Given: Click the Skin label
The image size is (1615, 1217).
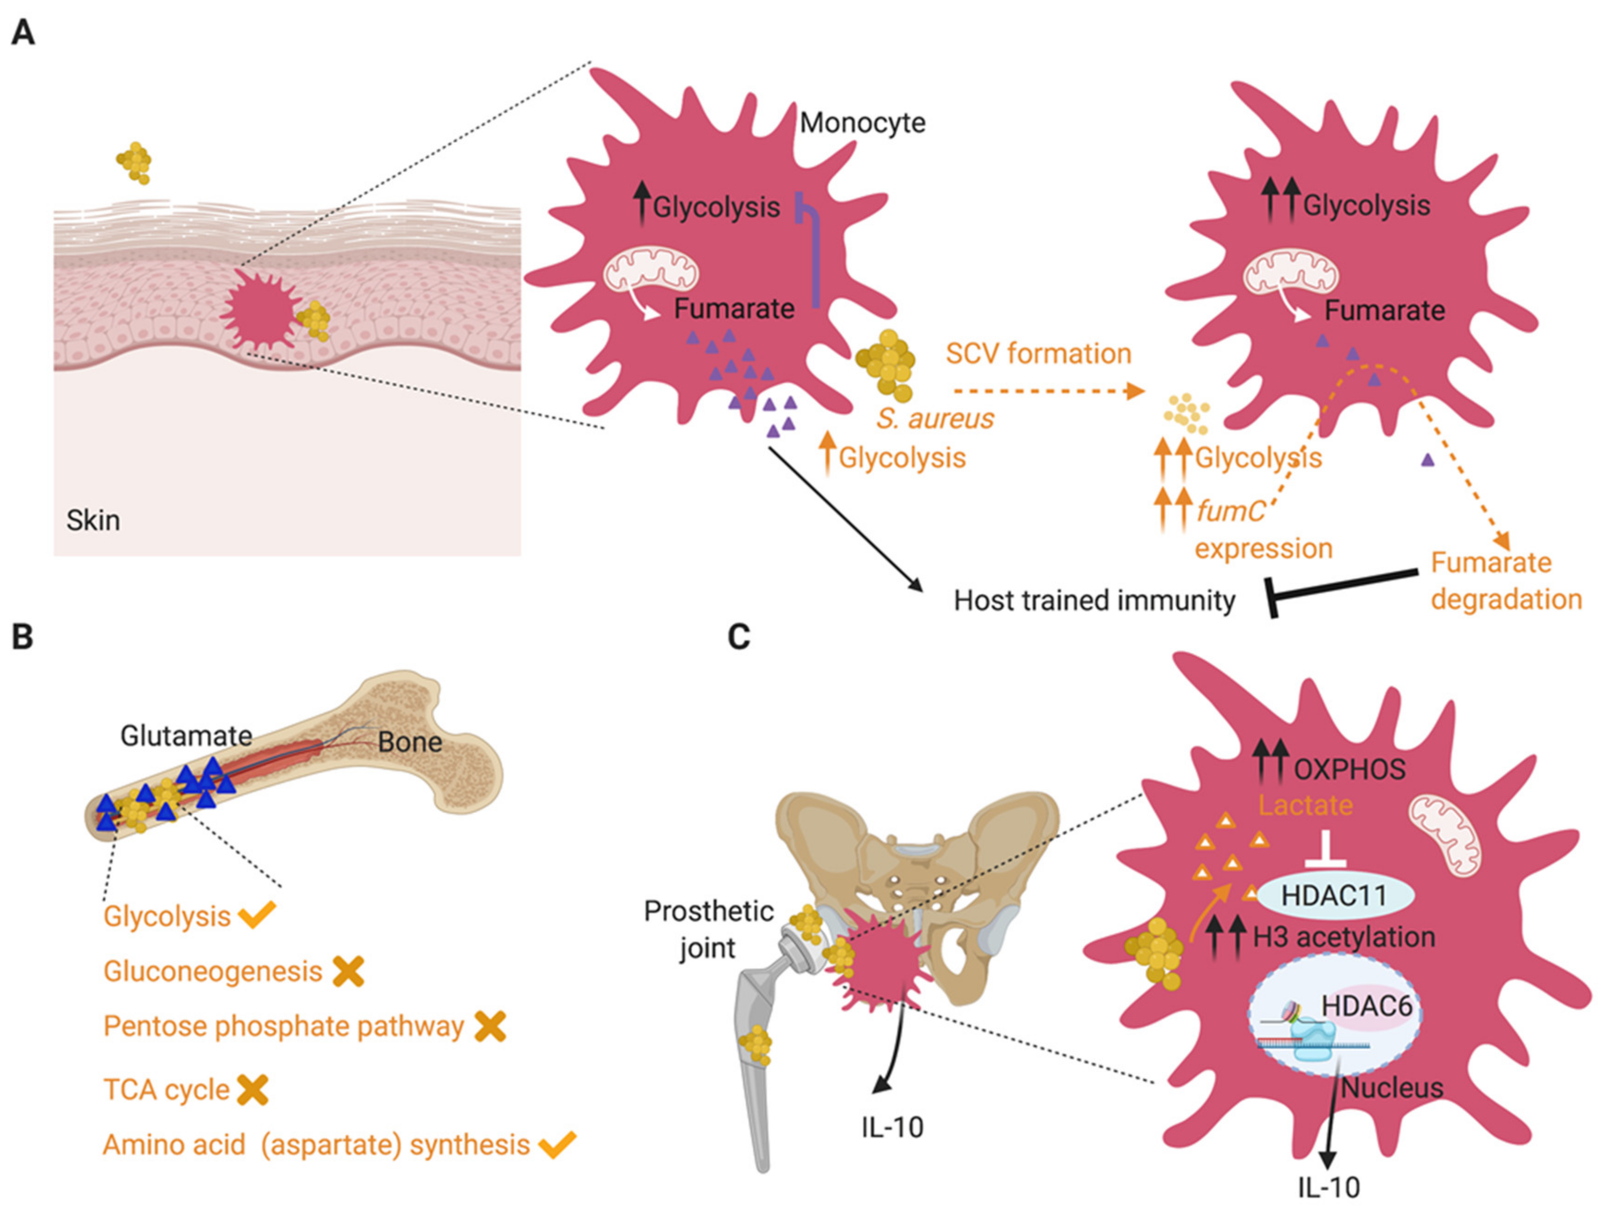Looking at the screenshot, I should pyautogui.click(x=93, y=520).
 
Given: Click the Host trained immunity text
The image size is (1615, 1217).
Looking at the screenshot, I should pyautogui.click(x=1094, y=601).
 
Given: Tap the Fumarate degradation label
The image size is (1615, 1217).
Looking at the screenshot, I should pyautogui.click(x=1506, y=581).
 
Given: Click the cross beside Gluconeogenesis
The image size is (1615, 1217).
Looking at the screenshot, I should pyautogui.click(x=348, y=972).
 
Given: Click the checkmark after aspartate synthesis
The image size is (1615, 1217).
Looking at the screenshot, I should pyautogui.click(x=557, y=1144).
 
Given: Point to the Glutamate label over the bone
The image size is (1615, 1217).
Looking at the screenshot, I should pyautogui.click(x=186, y=736).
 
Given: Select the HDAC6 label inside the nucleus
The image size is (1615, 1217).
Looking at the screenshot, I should pyautogui.click(x=1366, y=1007).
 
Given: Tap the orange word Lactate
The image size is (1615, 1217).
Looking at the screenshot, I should pyautogui.click(x=1305, y=805).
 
